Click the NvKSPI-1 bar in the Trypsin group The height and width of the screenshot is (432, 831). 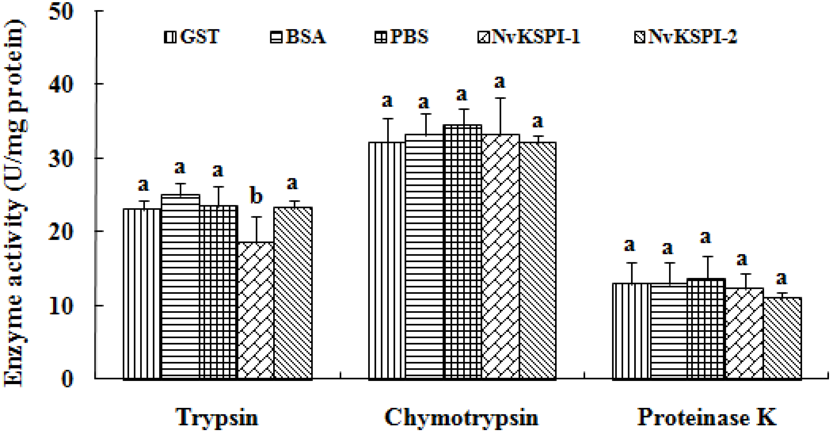[x=256, y=310]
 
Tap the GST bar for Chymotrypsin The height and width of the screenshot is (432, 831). [x=387, y=260]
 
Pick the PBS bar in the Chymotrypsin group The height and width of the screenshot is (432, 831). [x=463, y=252]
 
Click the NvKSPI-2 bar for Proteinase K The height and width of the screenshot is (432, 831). [x=782, y=338]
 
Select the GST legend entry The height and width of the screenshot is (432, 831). [x=192, y=37]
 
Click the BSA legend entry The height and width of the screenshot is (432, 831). [x=298, y=37]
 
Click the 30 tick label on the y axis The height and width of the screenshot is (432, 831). [x=61, y=159]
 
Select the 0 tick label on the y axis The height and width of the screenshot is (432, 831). [x=67, y=379]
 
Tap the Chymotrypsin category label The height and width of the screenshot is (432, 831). [x=461, y=418]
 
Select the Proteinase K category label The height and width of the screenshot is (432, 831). [x=707, y=418]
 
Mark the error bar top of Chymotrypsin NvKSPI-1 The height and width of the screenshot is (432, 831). [x=500, y=98]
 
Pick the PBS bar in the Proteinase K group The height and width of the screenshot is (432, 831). [x=706, y=329]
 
